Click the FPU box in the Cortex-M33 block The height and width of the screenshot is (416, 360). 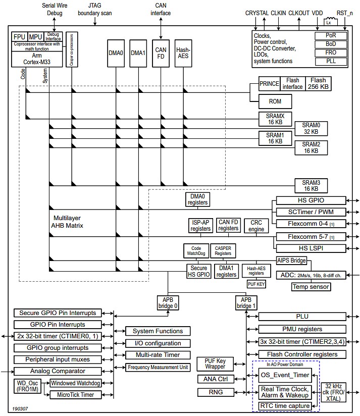click(x=19, y=37)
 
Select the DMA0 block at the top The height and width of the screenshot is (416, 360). click(x=116, y=53)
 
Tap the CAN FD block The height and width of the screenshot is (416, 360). click(x=161, y=53)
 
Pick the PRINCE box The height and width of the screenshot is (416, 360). click(x=269, y=83)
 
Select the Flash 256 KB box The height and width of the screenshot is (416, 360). click(x=319, y=83)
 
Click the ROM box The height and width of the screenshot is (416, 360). click(x=275, y=101)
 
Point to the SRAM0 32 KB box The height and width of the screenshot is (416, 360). click(x=311, y=128)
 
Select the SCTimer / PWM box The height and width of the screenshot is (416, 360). click(x=310, y=211)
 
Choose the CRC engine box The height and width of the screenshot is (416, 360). click(x=256, y=225)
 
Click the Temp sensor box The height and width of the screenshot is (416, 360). click(x=311, y=287)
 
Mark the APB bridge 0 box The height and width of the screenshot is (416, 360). click(x=168, y=302)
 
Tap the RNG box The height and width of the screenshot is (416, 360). click(x=217, y=392)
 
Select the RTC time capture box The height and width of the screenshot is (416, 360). click(x=285, y=406)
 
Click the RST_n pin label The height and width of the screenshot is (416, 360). click(x=345, y=13)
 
